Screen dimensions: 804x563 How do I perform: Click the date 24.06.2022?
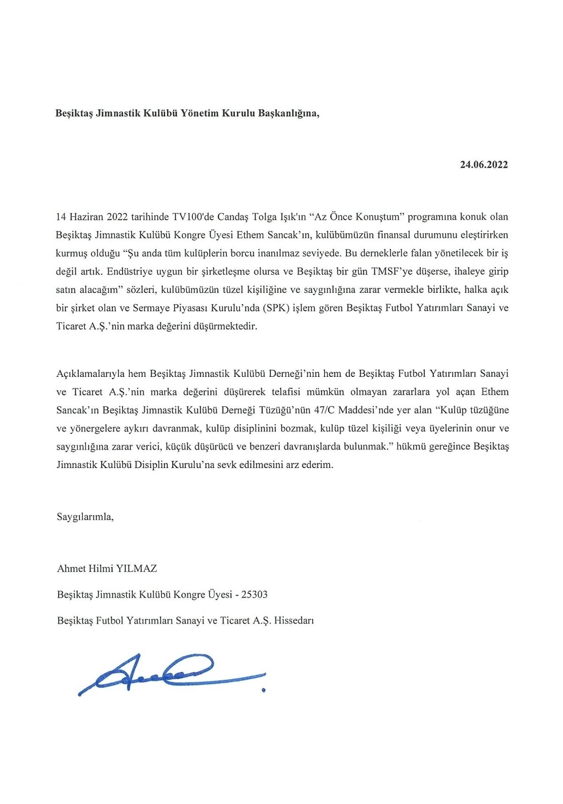[x=484, y=165]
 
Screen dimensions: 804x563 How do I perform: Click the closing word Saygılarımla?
[x=85, y=517]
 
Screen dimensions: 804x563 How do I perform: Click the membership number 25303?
[x=254, y=594]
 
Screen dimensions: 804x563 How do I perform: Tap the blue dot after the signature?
[x=264, y=690]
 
